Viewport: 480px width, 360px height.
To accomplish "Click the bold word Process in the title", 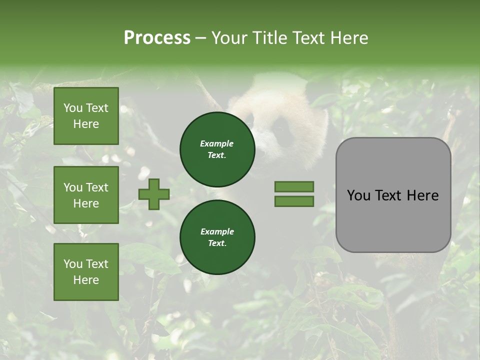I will (x=157, y=38).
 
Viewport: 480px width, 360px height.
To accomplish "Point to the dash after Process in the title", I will (x=201, y=39).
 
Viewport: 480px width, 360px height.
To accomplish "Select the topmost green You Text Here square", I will (x=86, y=116).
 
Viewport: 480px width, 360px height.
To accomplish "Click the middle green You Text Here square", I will (x=86, y=195).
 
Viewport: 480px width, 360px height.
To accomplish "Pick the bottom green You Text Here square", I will (x=86, y=272).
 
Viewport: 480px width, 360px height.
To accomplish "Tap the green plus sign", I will (x=154, y=194).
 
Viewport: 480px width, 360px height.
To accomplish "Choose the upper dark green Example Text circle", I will (x=217, y=149).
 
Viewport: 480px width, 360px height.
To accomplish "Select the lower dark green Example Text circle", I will (x=217, y=237).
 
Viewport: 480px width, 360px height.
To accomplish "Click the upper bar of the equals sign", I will (x=294, y=186).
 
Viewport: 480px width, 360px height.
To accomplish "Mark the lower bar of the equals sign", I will (x=294, y=201).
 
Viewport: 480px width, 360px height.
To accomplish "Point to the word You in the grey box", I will (x=358, y=195).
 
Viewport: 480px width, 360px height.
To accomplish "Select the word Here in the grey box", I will (x=422, y=195).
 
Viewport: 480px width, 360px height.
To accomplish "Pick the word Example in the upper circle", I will (x=217, y=143).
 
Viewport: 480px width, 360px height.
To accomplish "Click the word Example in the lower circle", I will (x=217, y=231).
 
